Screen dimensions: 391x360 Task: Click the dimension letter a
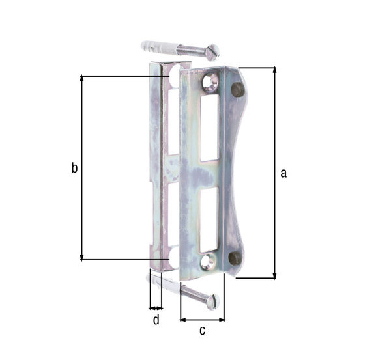click(x=283, y=173)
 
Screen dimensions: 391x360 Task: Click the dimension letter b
click(x=74, y=167)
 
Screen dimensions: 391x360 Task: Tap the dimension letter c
click(x=202, y=331)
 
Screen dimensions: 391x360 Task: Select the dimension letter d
click(x=156, y=320)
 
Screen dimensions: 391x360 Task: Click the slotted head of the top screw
click(x=213, y=52)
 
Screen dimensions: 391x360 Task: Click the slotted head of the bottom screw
click(x=213, y=301)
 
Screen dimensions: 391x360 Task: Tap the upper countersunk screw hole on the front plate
click(x=210, y=81)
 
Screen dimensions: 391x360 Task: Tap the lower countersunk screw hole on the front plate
click(x=207, y=262)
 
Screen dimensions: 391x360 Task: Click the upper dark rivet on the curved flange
click(x=238, y=89)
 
